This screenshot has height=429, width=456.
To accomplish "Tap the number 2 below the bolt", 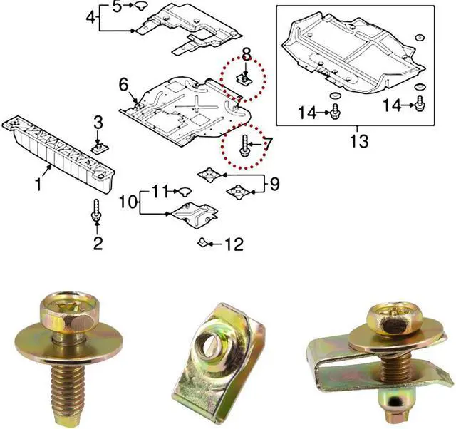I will pyautogui.click(x=98, y=244).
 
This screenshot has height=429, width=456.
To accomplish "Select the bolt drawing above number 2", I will pyautogui.click(x=98, y=211).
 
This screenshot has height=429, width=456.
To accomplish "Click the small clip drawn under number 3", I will pyautogui.click(x=99, y=148).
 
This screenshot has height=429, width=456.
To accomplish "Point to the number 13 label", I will pyautogui.click(x=359, y=141).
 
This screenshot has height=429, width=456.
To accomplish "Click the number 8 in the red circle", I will pyautogui.click(x=246, y=53).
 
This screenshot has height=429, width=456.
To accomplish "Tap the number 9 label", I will pyautogui.click(x=274, y=185).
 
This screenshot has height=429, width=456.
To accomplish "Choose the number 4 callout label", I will pyautogui.click(x=91, y=17).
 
